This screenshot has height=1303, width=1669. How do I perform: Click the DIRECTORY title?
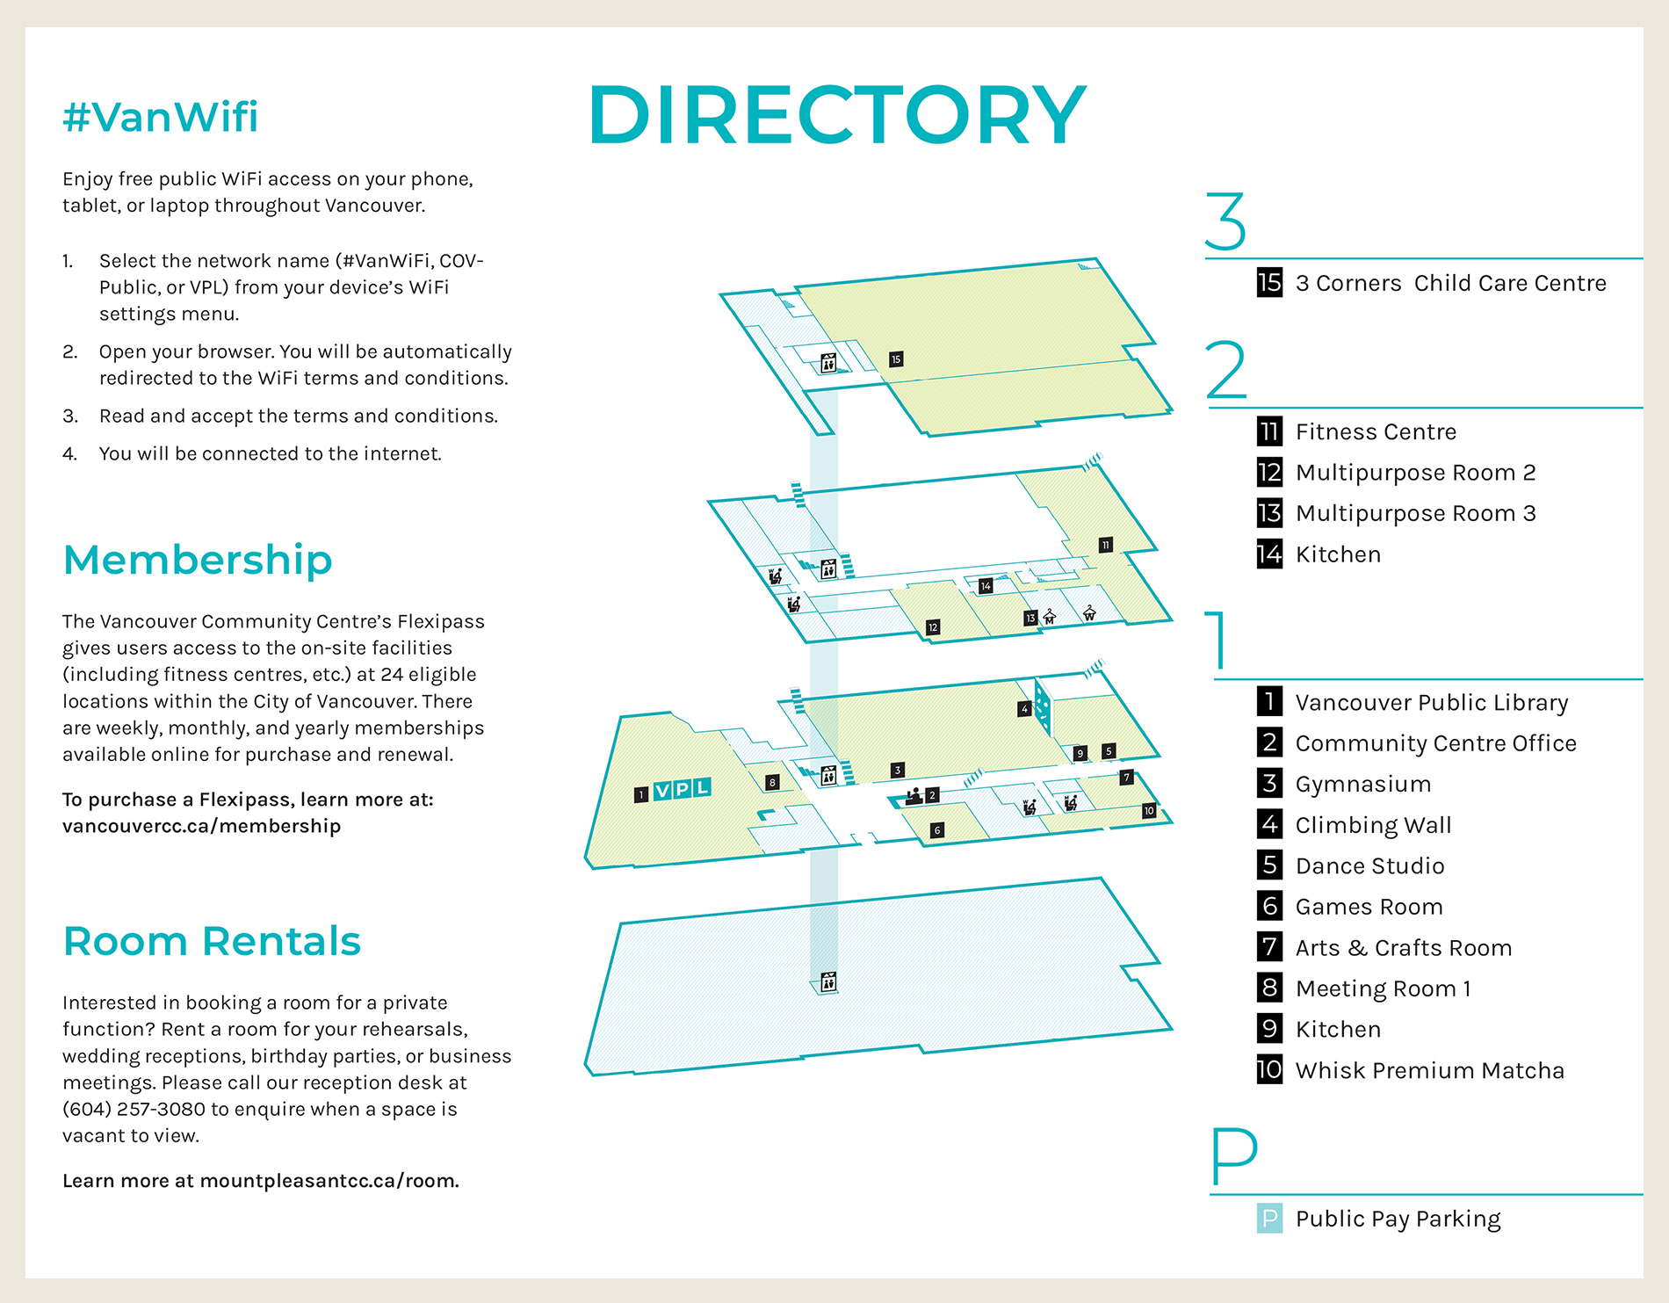coord(837,115)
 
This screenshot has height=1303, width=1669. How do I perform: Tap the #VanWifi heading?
coord(161,117)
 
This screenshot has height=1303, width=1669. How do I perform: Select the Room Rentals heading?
coord(212,941)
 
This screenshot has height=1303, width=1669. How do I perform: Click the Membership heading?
coord(198,560)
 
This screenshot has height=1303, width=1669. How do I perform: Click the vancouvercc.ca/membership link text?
coord(201,826)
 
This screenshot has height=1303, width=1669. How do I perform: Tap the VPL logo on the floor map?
coord(682,789)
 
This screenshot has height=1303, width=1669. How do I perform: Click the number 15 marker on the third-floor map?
coord(895,359)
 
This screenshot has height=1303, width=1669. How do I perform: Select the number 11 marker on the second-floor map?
coord(1105,545)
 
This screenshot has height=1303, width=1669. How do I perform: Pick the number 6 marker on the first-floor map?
coord(937,830)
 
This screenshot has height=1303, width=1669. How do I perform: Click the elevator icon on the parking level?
coord(828,982)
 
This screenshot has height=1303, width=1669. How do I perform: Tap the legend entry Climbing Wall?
coord(1373,825)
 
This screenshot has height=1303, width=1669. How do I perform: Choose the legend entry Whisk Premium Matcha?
coord(1429,1070)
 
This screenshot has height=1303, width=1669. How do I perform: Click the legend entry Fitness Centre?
coord(1376,431)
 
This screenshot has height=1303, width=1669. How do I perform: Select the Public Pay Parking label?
coord(1398,1219)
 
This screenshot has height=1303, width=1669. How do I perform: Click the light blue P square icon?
coord(1269,1219)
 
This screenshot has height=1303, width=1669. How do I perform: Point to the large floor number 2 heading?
coord(1226,370)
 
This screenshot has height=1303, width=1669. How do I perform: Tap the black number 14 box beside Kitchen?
coord(1269,554)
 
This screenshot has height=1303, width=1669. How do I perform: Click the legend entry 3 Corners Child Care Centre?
coord(1450,283)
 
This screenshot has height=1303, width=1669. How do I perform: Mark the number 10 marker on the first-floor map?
coord(1149,811)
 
